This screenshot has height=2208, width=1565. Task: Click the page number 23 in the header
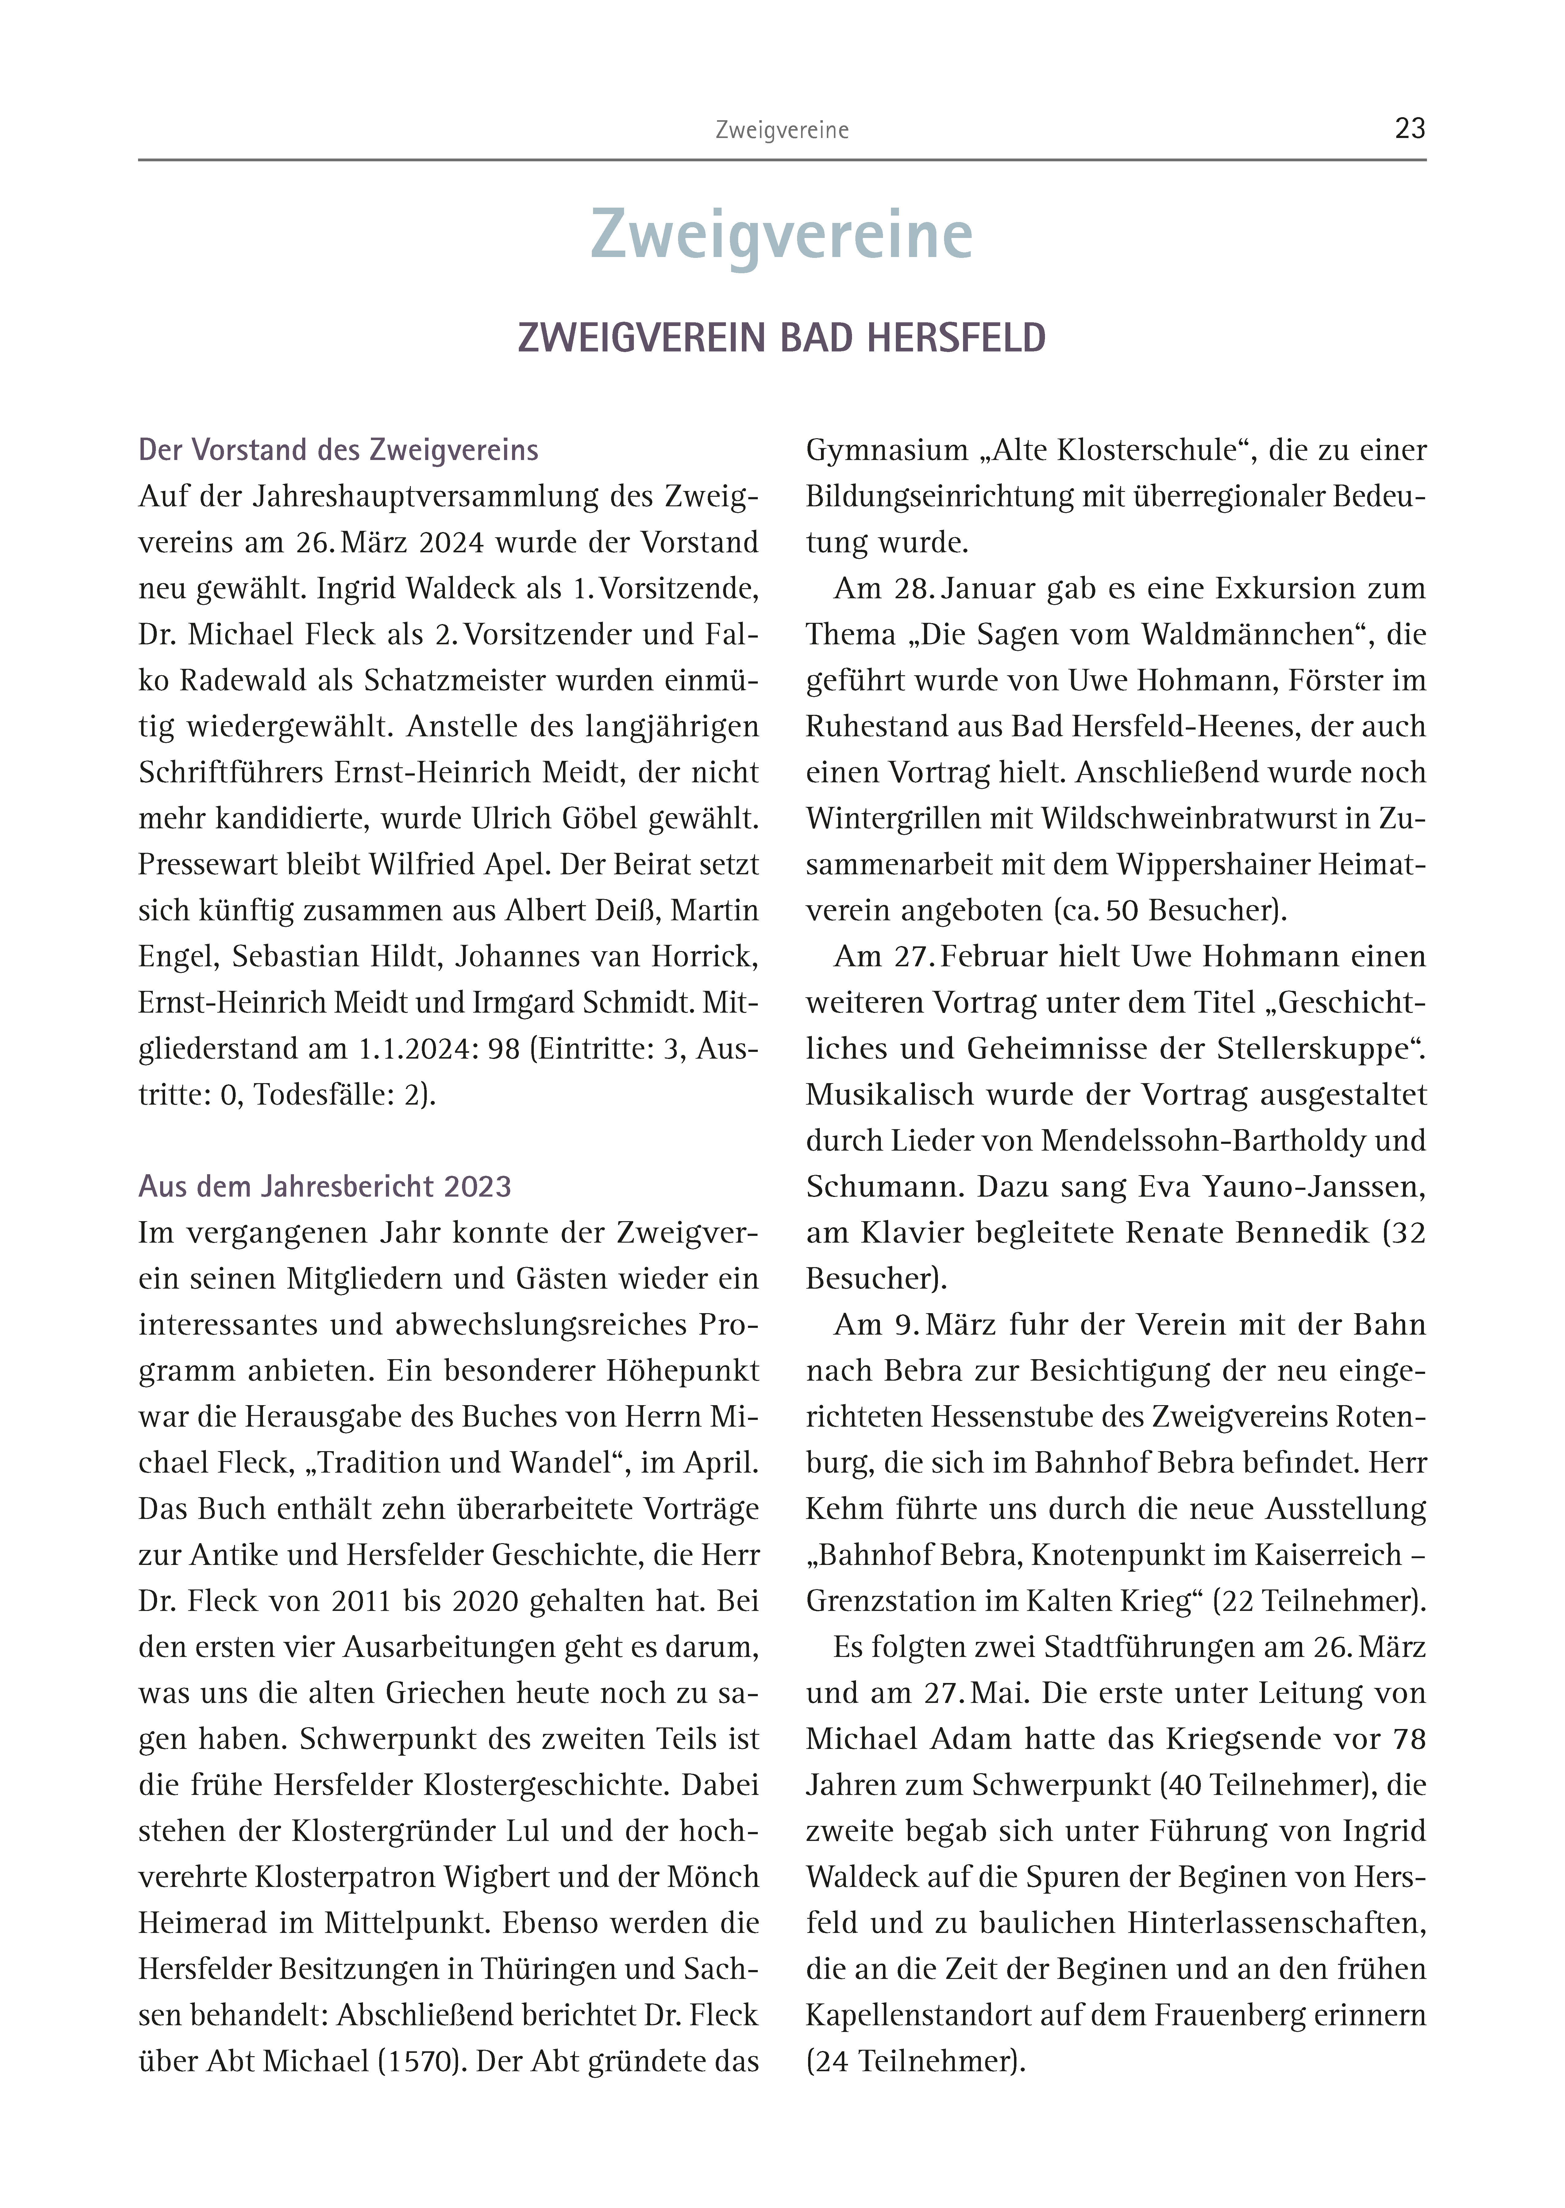point(1410,129)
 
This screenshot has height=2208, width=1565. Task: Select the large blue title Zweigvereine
point(781,235)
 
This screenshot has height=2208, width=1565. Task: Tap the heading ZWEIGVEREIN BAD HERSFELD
point(781,338)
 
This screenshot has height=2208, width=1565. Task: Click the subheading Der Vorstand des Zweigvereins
point(338,450)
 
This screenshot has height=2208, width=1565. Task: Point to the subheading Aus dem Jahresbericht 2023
point(325,1186)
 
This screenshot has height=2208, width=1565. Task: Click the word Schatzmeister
point(453,680)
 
